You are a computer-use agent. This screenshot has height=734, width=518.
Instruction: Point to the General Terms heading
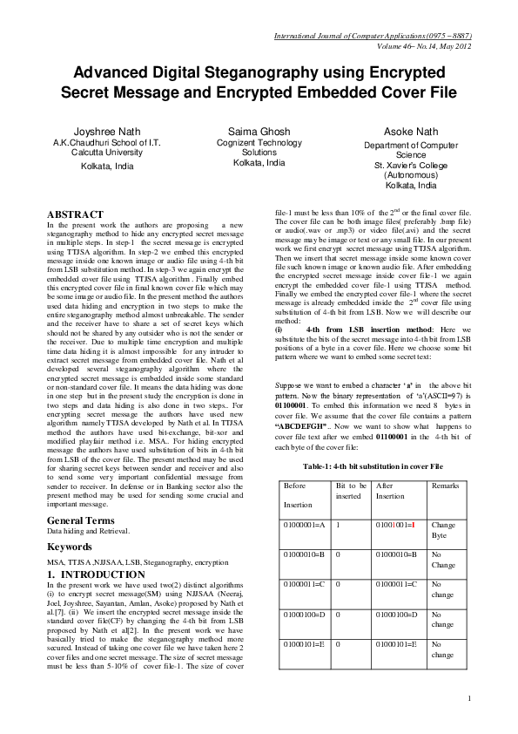(x=86, y=520)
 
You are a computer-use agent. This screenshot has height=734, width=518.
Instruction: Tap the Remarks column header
(x=444, y=484)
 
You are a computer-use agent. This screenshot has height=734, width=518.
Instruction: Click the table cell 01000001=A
(x=304, y=526)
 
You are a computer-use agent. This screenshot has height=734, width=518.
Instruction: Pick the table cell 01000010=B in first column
(x=304, y=554)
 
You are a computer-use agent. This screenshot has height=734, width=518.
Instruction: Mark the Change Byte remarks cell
(x=443, y=531)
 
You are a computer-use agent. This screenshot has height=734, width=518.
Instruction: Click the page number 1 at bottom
(x=468, y=698)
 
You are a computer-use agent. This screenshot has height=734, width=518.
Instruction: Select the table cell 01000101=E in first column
(x=304, y=644)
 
